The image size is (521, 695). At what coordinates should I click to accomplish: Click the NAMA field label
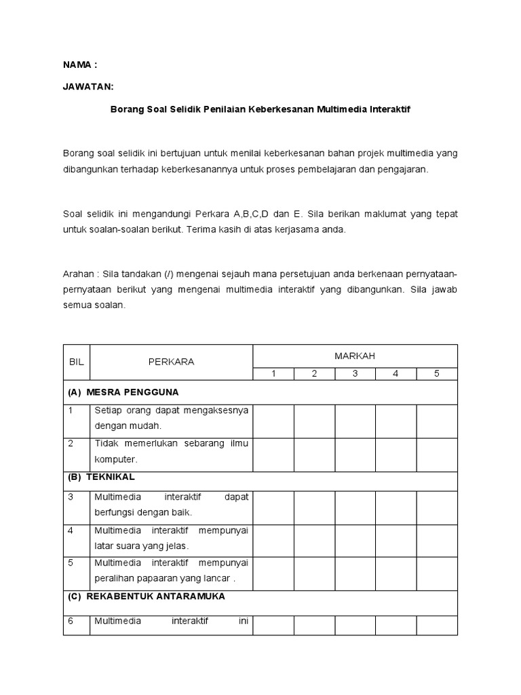pos(80,65)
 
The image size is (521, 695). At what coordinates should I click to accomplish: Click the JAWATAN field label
pos(88,87)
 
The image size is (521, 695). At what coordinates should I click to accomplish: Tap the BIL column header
pos(76,362)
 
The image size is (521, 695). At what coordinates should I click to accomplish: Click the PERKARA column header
pos(171,362)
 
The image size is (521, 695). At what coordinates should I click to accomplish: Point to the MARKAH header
pos(355,356)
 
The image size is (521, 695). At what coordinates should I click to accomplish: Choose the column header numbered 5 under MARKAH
pos(437,373)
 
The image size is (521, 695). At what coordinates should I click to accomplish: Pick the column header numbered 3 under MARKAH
pos(355,373)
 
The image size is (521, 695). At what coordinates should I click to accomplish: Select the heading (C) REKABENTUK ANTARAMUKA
pos(147,597)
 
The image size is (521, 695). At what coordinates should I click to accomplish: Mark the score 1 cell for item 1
pos(273,421)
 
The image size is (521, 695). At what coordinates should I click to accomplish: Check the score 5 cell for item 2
pos(437,454)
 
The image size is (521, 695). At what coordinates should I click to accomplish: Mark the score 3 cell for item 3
pos(355,507)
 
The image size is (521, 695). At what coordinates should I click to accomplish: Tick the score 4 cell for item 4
pos(396,540)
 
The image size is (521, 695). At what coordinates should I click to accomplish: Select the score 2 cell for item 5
pos(314,574)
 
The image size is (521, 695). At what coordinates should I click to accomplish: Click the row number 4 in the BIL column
pos(71,530)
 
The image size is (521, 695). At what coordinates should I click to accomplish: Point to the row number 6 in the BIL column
pos(71,620)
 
